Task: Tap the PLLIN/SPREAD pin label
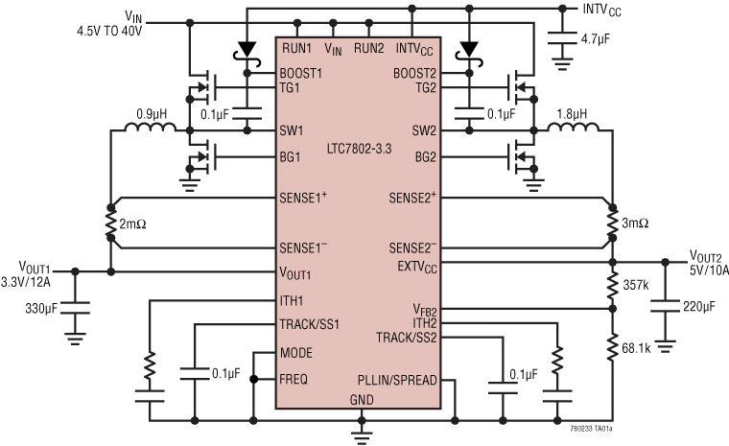[399, 380]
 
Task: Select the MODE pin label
[297, 353]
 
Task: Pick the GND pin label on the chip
[361, 398]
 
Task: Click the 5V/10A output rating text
[709, 270]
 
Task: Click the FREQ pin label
[294, 380]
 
